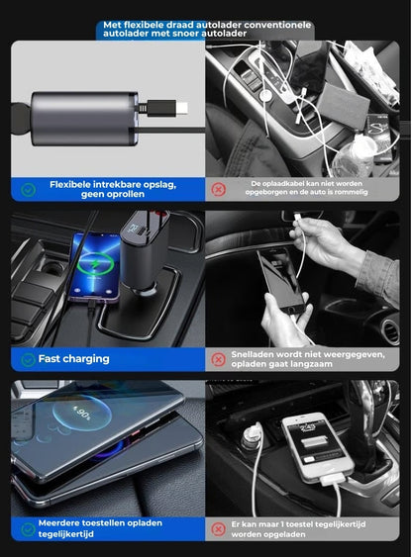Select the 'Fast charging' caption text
click(x=74, y=359)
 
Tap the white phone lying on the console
click(x=314, y=445)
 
